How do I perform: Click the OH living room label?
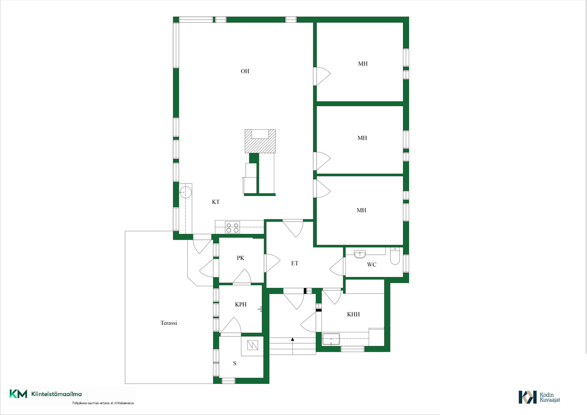click(x=245, y=71)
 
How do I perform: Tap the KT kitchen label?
click(x=216, y=202)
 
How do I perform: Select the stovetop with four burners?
click(x=232, y=227)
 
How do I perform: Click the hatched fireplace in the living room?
click(x=260, y=141)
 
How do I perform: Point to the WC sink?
click(x=360, y=254)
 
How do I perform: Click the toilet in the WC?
click(x=395, y=256)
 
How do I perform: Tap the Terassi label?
click(x=169, y=323)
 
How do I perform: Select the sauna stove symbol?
click(x=253, y=345)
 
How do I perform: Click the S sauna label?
click(x=235, y=363)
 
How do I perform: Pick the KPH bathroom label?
click(x=241, y=305)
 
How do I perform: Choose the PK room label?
click(x=240, y=258)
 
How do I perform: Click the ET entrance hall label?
click(x=295, y=264)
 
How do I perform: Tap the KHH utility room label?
click(x=354, y=314)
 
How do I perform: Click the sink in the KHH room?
click(x=331, y=339)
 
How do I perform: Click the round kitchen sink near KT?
click(x=185, y=192)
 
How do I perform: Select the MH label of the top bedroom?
click(x=363, y=64)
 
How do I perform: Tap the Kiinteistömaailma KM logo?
click(x=46, y=394)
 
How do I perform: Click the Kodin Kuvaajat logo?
click(x=539, y=397)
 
